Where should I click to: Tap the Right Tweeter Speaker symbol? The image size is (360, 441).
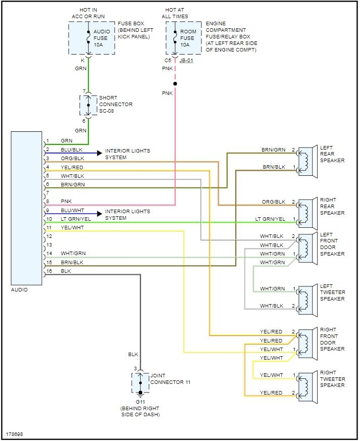(306, 385)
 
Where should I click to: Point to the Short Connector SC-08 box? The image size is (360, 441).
(88, 105)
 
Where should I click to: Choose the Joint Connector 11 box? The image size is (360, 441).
(140, 383)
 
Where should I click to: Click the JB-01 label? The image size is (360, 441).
(186, 61)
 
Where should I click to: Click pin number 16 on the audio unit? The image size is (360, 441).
(49, 271)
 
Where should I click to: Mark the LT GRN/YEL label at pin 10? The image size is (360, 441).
(76, 219)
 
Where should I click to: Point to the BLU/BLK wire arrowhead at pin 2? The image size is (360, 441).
(98, 152)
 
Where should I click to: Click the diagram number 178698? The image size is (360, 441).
(14, 434)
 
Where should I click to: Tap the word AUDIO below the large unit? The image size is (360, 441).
(19, 290)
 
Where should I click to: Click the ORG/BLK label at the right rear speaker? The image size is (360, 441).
(273, 202)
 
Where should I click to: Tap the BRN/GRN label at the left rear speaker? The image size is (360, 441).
(273, 150)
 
